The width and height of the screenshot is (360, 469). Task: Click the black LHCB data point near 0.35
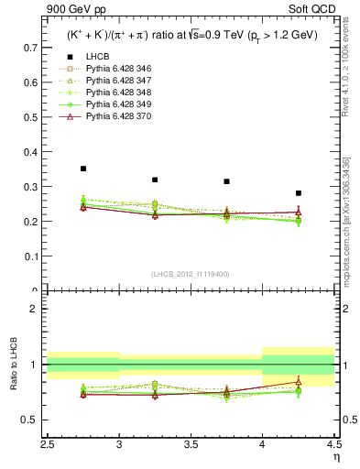click(x=83, y=169)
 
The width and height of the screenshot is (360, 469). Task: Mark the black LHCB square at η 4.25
click(x=298, y=193)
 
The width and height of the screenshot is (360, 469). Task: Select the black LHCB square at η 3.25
click(x=155, y=180)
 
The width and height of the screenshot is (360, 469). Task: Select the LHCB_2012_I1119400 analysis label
click(x=191, y=274)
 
